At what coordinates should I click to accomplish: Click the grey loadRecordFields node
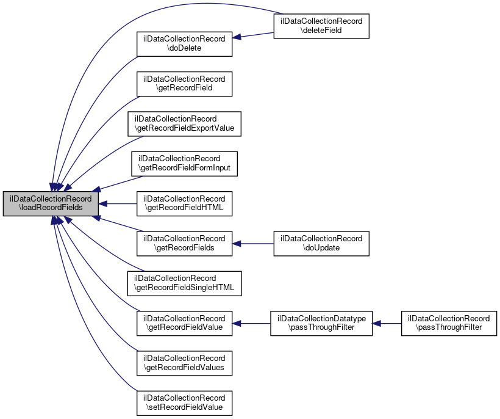(x=51, y=203)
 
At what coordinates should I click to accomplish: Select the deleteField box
(x=321, y=26)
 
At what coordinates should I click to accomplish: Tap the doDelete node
(x=184, y=43)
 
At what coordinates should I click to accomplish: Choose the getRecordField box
(x=184, y=84)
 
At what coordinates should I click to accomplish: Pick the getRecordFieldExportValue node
(x=184, y=123)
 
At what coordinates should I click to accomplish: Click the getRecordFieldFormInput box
(x=184, y=163)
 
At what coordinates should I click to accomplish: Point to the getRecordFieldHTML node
(x=184, y=203)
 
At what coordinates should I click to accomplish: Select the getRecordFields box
(x=184, y=243)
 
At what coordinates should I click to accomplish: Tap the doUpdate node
(x=321, y=243)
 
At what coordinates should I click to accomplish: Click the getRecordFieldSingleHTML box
(x=184, y=283)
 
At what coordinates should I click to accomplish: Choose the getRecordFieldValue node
(x=184, y=323)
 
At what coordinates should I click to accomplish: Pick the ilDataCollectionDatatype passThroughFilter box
(x=321, y=323)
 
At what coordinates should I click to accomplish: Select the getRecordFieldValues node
(x=184, y=363)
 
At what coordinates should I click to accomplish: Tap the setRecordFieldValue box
(x=184, y=403)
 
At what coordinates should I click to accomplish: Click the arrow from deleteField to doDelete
(x=252, y=35)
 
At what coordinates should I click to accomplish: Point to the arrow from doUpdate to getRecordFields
(x=252, y=243)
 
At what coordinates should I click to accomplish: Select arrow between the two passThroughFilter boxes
(x=387, y=323)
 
